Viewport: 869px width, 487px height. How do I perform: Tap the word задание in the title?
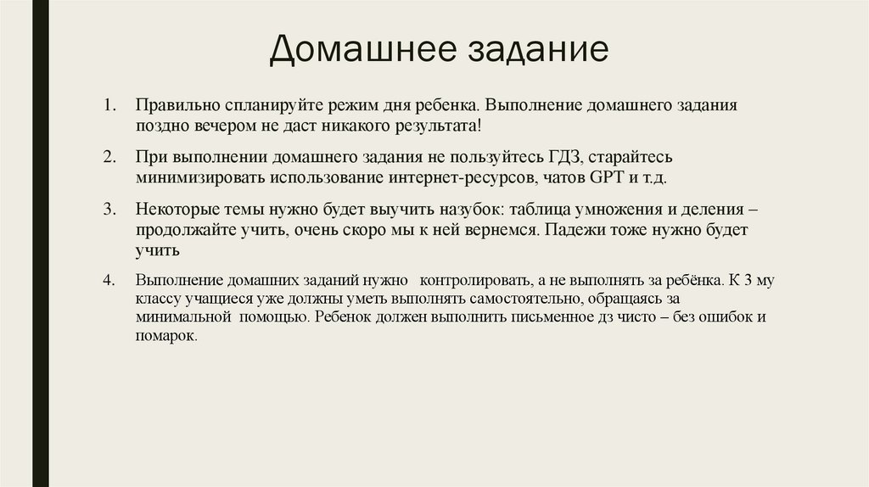[x=536, y=50]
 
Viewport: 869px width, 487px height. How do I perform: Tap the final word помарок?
[x=167, y=336]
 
